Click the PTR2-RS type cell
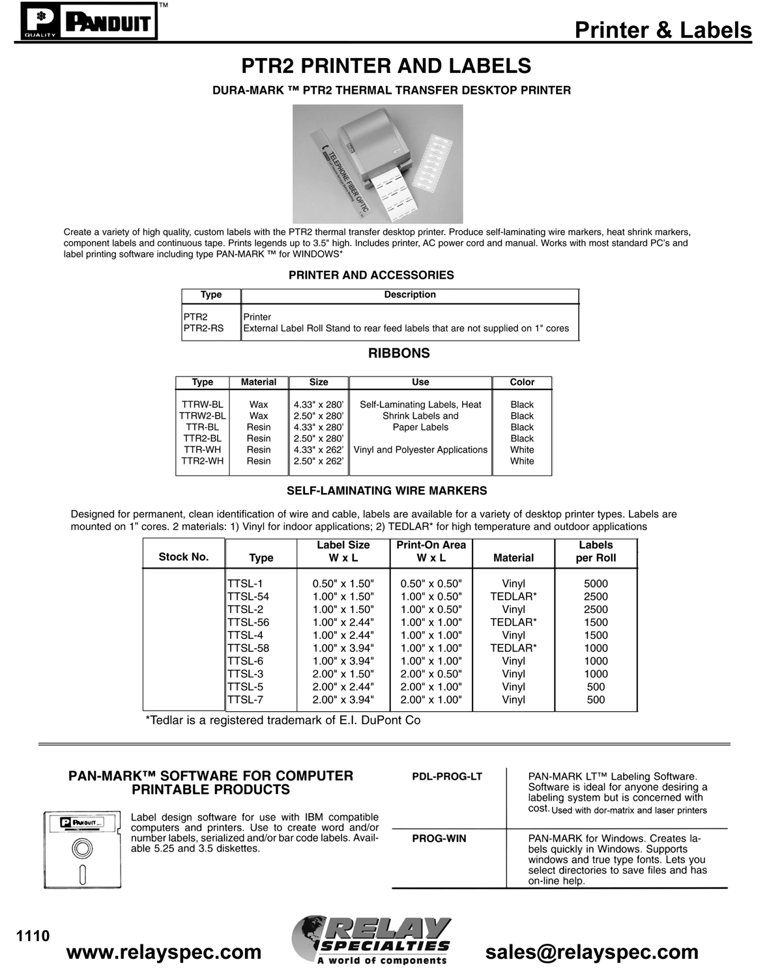click(203, 328)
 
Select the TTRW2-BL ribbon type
click(203, 416)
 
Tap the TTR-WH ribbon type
click(202, 449)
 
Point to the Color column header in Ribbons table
click(522, 382)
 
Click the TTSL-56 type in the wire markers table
click(248, 622)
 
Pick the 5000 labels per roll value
click(596, 584)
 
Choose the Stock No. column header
click(184, 557)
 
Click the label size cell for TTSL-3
click(343, 673)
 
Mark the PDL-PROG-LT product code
click(447, 776)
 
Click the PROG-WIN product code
click(439, 838)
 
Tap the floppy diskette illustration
click(82, 849)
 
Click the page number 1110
click(33, 936)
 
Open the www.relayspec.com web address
click(164, 952)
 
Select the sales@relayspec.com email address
click(592, 952)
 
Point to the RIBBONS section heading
click(399, 353)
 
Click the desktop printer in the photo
click(378, 151)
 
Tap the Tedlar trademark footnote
click(283, 720)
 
